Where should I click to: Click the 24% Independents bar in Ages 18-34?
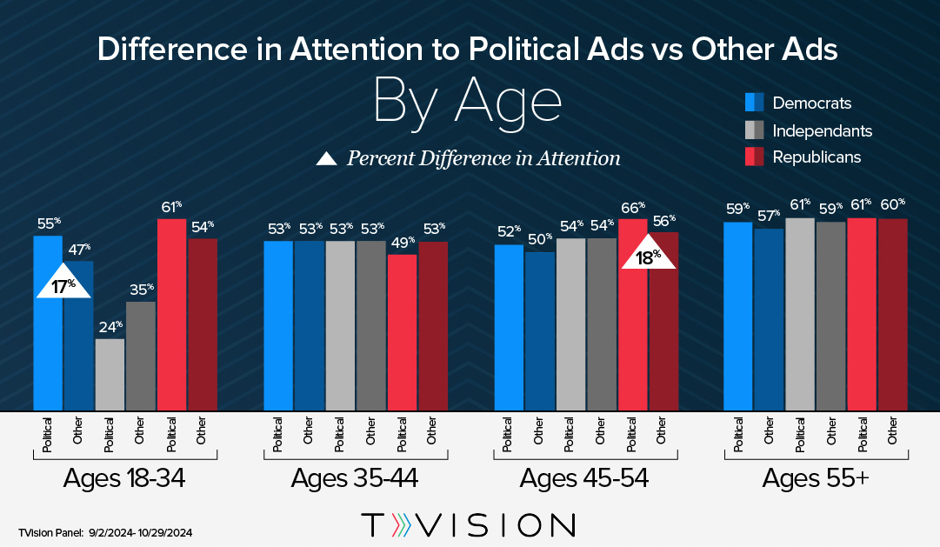coord(110,374)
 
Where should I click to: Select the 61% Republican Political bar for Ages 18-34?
coord(171,314)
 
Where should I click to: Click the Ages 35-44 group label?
coord(355,478)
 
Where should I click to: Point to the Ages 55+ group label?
coord(817,478)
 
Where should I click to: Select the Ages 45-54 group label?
coord(585,478)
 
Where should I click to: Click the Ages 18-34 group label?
coord(125,478)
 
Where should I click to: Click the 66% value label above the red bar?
coord(632,208)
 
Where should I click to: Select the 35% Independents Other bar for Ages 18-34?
coord(141,356)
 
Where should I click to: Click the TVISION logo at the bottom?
coord(469,525)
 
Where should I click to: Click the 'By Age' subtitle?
coord(467,103)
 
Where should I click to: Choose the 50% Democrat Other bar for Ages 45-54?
coord(539,330)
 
